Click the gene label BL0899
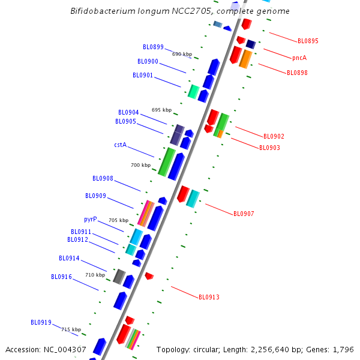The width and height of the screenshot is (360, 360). click(x=153, y=47)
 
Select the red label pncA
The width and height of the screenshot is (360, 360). click(x=299, y=58)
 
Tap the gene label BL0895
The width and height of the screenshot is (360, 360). click(x=308, y=41)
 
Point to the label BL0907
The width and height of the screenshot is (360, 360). click(x=244, y=214)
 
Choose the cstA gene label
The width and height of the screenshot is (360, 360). click(x=120, y=145)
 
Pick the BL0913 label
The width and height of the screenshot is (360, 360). click(x=209, y=297)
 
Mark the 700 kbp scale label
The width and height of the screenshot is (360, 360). click(x=140, y=165)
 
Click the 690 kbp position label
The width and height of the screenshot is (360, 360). click(x=182, y=54)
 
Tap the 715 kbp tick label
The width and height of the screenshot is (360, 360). click(x=71, y=329)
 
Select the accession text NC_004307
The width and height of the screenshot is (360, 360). click(x=64, y=350)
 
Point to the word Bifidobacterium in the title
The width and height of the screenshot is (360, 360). click(x=103, y=11)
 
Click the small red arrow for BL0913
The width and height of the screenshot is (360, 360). click(x=149, y=276)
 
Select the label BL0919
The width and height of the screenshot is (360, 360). click(x=41, y=322)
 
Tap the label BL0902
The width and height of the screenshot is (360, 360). click(x=274, y=137)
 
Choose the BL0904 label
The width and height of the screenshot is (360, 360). click(x=128, y=112)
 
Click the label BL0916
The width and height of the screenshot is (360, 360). click(x=61, y=277)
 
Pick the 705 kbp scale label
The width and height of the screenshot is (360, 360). click(x=118, y=220)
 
